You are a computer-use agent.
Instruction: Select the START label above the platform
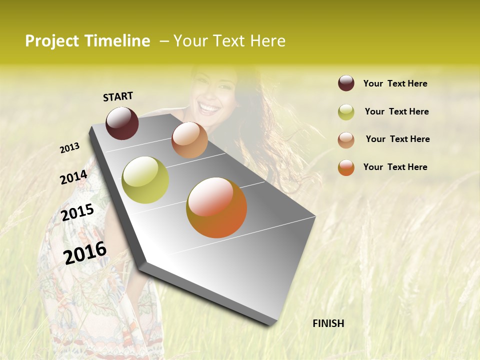[x=118, y=96]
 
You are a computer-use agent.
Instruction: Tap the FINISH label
[x=328, y=323]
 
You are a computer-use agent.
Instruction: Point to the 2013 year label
[x=70, y=147]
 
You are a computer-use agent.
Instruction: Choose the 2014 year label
[x=73, y=177]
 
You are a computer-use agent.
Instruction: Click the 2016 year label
[x=85, y=253]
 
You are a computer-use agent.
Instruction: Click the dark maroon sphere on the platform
[x=122, y=123]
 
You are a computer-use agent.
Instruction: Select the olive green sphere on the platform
[x=145, y=180]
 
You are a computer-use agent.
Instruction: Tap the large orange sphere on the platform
[x=216, y=207]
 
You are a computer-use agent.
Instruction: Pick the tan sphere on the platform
[x=189, y=140]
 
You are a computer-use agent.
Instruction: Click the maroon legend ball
[x=346, y=83]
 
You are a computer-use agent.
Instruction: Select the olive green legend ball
[x=346, y=112]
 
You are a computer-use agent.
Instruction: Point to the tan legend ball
[x=346, y=140]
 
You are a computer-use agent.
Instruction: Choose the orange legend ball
[x=346, y=167]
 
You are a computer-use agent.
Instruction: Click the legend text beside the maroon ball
[x=395, y=83]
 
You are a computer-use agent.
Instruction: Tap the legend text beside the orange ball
[x=395, y=167]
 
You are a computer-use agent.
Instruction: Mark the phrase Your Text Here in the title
[x=229, y=41]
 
